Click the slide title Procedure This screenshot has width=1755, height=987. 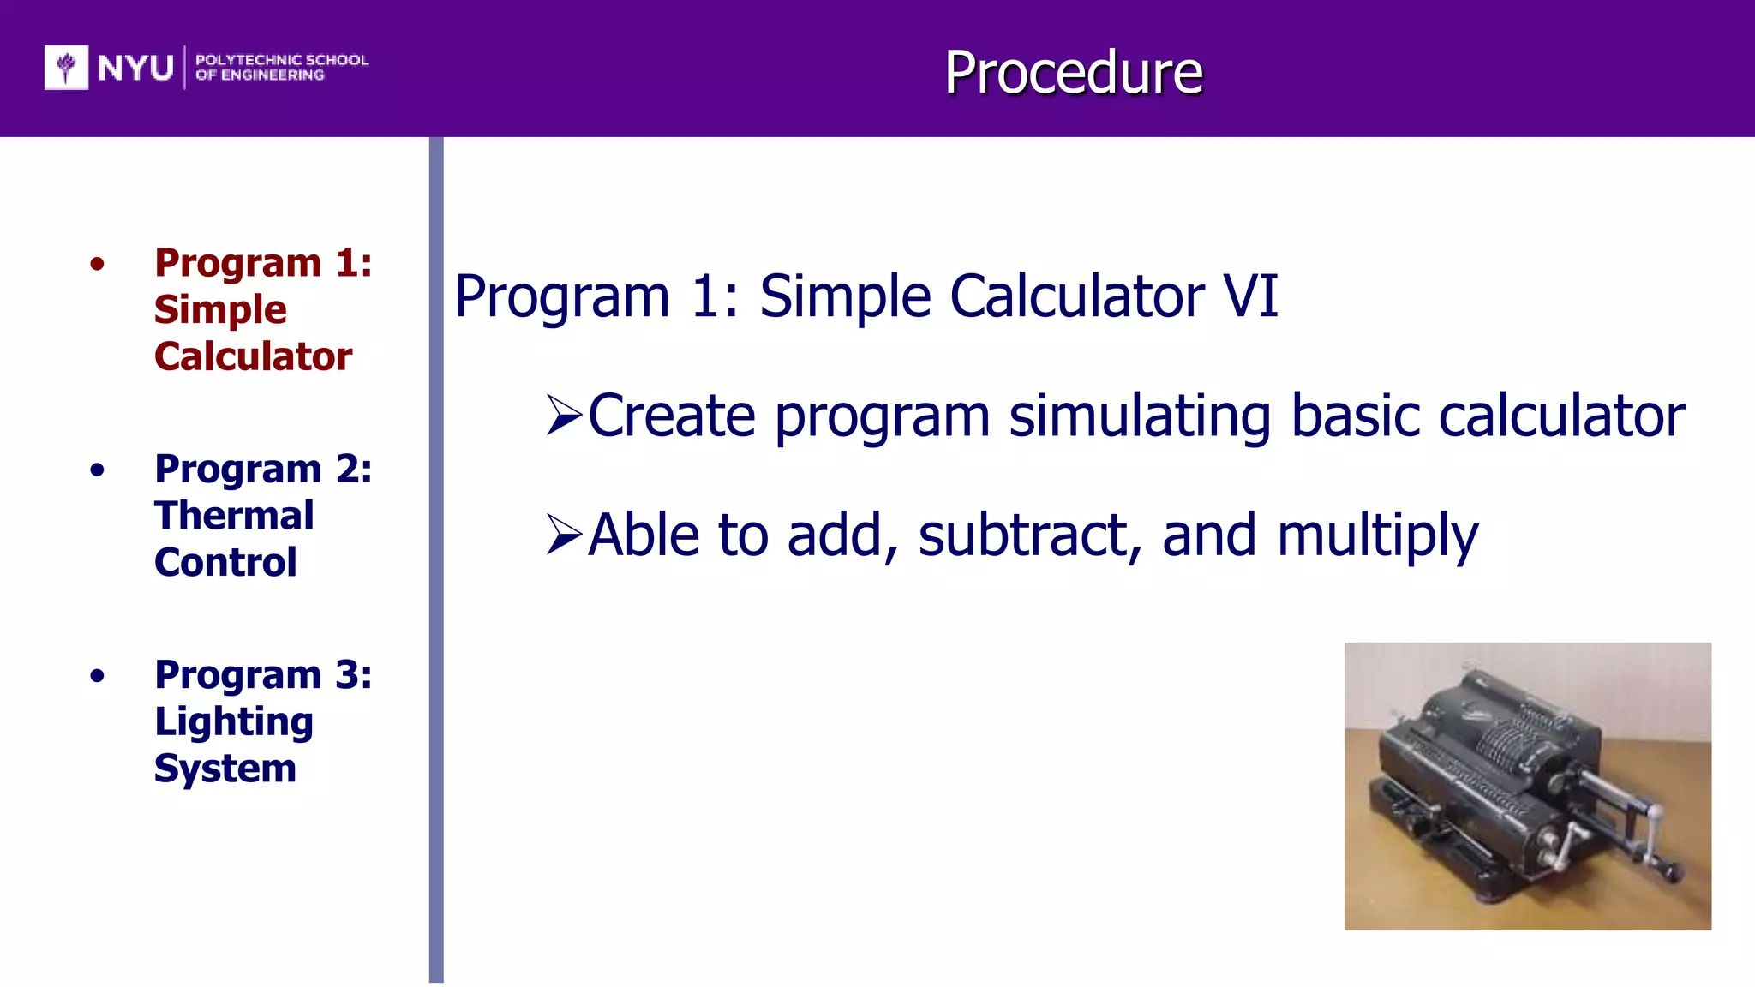(1073, 72)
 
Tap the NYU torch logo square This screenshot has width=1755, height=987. (66, 67)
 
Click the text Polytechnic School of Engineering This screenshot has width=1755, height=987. (281, 67)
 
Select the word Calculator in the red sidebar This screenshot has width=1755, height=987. (253, 356)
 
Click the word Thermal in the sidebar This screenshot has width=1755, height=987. (234, 516)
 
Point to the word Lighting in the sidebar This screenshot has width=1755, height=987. (234, 722)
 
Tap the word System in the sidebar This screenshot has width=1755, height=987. (225, 769)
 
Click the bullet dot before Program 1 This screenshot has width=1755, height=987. (97, 264)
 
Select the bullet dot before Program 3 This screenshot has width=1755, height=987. (97, 676)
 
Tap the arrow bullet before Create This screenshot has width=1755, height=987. (564, 416)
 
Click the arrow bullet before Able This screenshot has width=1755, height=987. (564, 535)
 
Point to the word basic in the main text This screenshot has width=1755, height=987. (1355, 416)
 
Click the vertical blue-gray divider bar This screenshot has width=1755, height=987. (436, 557)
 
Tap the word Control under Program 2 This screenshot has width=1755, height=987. (225, 563)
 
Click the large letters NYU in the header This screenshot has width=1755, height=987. (135, 68)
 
